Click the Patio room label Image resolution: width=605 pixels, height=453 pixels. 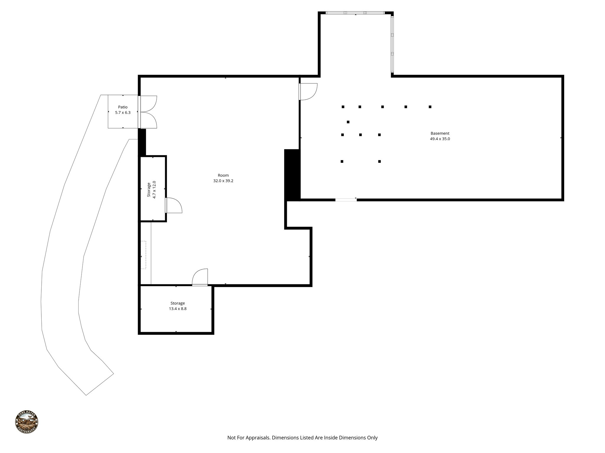(123, 107)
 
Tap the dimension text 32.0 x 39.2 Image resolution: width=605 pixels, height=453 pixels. (223, 181)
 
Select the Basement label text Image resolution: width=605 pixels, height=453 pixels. (440, 133)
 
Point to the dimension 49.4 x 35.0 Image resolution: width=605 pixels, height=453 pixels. (440, 139)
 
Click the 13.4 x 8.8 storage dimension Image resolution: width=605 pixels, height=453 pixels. (178, 309)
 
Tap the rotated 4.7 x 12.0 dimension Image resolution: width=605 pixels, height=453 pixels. (154, 190)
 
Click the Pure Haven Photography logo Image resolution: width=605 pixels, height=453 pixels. (27, 422)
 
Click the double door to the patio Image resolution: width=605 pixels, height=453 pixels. (148, 112)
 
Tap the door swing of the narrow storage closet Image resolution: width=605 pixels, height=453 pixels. (174, 205)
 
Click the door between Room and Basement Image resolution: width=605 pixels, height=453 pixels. (308, 92)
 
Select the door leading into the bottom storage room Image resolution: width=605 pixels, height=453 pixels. (200, 277)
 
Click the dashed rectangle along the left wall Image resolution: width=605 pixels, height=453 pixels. (143, 255)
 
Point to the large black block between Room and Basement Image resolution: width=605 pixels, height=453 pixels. (292, 175)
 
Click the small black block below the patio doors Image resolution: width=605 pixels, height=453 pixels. (142, 142)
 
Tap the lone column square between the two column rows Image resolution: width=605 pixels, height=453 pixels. (348, 122)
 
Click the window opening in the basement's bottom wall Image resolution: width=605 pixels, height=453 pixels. (346, 200)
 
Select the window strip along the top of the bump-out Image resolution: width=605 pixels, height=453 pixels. (355, 13)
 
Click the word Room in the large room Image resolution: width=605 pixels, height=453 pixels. (223, 175)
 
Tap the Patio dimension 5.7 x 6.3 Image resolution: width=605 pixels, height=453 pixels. (123, 112)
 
